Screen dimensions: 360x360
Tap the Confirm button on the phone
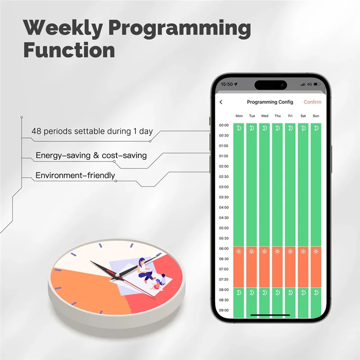[312, 102]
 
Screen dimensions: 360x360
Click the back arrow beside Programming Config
[221, 102]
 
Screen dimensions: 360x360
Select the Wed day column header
[265, 116]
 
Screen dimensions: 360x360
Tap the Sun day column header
[316, 116]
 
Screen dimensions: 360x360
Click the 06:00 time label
[224, 249]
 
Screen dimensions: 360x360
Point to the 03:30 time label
[224, 197]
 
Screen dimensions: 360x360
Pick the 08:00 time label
[224, 290]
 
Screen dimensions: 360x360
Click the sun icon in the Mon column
[239, 252]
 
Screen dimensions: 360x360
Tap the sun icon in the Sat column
[303, 252]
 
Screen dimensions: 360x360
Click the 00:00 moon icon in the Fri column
[290, 128]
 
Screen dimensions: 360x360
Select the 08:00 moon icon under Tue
[252, 292]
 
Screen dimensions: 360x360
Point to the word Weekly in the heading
[63, 28]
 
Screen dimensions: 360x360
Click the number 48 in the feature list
[36, 132]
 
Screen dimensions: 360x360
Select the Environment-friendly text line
[75, 175]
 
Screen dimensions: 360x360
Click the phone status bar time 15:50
[227, 84]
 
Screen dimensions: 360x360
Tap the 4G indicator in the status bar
[310, 84]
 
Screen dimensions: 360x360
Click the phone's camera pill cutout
[271, 84]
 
